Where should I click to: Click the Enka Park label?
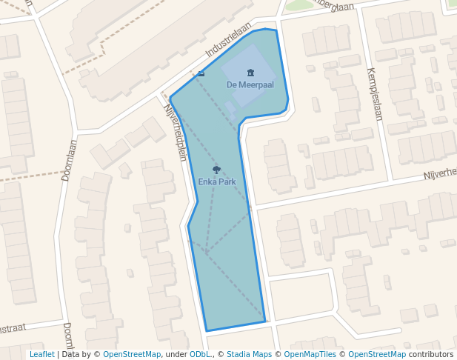click(x=216, y=181)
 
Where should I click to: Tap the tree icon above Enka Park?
click(x=216, y=170)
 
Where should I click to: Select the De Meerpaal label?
click(x=250, y=84)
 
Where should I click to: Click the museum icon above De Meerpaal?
click(x=250, y=73)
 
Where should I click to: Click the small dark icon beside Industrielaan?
click(x=201, y=73)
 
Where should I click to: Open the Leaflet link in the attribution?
click(x=42, y=354)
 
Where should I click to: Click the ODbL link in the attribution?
click(x=199, y=354)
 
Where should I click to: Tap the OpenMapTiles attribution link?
click(x=310, y=354)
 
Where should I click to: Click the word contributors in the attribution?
click(x=431, y=354)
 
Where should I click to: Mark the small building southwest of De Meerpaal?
click(x=230, y=108)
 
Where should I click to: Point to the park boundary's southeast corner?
click(x=264, y=321)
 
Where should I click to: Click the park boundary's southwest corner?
click(x=207, y=330)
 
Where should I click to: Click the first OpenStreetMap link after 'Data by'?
click(x=132, y=354)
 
